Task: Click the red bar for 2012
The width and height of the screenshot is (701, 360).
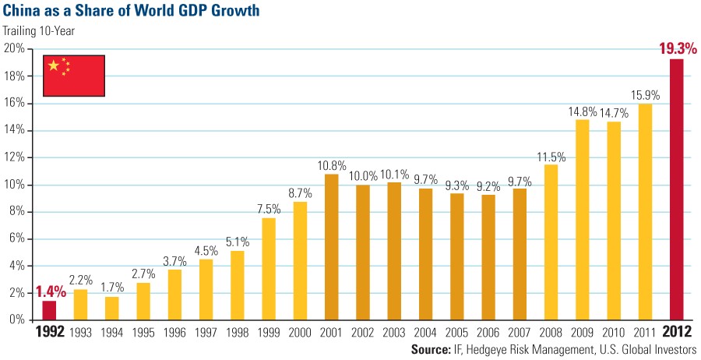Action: coord(677,189)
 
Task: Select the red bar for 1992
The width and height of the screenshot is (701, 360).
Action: coord(49,310)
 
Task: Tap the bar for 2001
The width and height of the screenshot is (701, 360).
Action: coord(332,247)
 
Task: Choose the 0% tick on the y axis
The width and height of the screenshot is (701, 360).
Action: coord(16,320)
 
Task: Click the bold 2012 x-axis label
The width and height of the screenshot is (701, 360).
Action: coord(676,334)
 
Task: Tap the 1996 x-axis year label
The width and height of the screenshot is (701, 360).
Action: coord(175,334)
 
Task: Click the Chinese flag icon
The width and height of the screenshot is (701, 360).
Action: coord(74,76)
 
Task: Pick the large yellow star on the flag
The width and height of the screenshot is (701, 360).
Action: coord(54,65)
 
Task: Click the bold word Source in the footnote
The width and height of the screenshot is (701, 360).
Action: coord(432,351)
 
